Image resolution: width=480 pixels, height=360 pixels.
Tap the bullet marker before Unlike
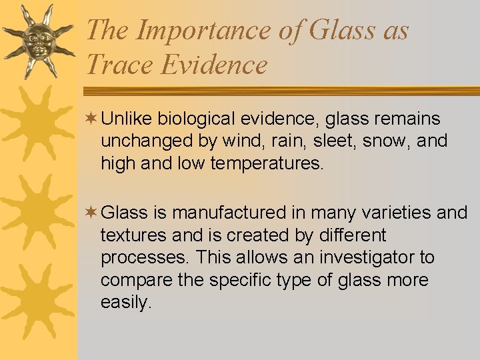(x=91, y=119)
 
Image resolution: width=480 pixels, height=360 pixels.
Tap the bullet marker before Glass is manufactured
(x=91, y=213)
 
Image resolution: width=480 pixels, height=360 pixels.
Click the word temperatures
(x=267, y=164)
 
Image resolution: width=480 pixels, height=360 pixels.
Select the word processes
(x=135, y=258)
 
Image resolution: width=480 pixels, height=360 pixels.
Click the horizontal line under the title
(x=280, y=91)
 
